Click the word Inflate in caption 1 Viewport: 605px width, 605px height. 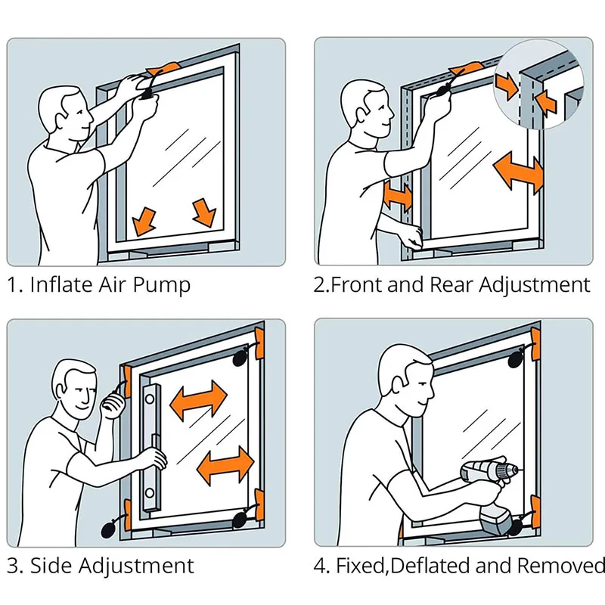pos(62,285)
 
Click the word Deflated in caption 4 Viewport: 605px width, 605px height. pos(430,566)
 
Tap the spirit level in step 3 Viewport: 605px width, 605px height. pos(152,448)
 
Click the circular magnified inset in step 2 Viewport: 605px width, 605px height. pos(539,84)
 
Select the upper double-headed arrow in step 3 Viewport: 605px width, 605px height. pos(198,400)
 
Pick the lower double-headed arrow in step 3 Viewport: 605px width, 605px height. pos(225,465)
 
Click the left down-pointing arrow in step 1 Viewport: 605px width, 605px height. pos(144,222)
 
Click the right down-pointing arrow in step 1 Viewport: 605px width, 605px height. pos(204,213)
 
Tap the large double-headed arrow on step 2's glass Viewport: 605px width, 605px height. pos(518,172)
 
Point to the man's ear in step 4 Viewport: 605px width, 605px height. pos(399,384)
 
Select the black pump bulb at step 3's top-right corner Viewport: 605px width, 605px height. pos(241,358)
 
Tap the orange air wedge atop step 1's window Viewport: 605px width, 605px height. pos(163,70)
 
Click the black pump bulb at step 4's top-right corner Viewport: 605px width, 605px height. pos(517,359)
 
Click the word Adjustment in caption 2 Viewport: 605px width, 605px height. pos(535,286)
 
